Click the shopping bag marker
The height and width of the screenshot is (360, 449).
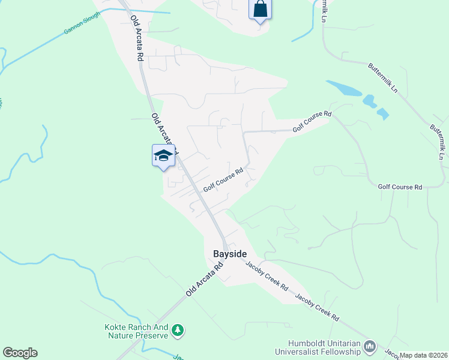tap(260, 10)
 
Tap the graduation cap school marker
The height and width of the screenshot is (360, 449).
tap(163, 156)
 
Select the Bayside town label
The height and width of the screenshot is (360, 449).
tap(229, 254)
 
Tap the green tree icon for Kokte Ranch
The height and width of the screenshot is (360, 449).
tap(177, 330)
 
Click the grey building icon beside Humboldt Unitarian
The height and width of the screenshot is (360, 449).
tap(370, 346)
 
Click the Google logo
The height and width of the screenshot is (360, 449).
tap(20, 353)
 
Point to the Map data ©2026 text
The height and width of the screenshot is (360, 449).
tap(424, 355)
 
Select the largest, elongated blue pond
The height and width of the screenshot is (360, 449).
tap(344, 89)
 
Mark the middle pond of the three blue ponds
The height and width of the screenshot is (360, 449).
tap(369, 101)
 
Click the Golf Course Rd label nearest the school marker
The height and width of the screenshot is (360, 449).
tap(222, 180)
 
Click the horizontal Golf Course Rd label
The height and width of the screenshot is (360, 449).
tap(400, 187)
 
